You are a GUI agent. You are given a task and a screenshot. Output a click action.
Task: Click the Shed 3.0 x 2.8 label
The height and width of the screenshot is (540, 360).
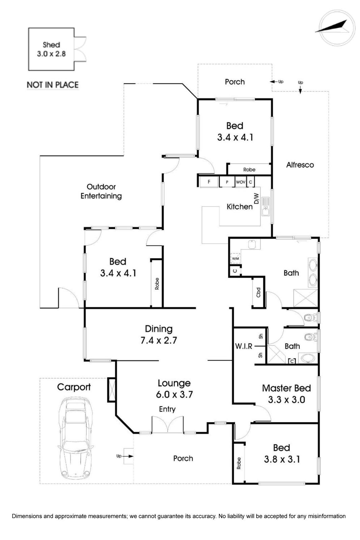click(x=51, y=49)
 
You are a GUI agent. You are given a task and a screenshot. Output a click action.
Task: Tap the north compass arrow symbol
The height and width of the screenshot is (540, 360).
click(x=332, y=27)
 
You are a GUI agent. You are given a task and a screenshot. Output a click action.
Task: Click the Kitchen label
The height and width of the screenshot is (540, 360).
click(x=240, y=207)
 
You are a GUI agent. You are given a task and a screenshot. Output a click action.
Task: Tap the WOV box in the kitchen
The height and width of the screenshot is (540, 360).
click(x=240, y=182)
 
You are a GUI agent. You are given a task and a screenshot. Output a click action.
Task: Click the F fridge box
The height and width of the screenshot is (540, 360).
click(x=209, y=182)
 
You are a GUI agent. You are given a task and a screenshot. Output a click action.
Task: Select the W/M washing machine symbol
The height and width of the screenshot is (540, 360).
click(x=235, y=259)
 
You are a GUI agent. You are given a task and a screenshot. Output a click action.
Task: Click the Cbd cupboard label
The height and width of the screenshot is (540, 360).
click(x=258, y=292)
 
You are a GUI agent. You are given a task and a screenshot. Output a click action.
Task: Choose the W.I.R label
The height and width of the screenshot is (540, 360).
click(x=244, y=346)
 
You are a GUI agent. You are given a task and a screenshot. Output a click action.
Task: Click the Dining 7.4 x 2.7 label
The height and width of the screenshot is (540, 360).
click(x=159, y=334)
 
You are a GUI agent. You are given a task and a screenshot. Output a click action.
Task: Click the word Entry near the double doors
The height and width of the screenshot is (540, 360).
click(x=167, y=409)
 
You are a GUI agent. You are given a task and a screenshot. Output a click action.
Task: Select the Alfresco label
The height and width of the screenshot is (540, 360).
click(x=300, y=165)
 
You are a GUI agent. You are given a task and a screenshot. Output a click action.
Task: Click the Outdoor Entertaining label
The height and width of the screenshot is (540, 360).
click(x=101, y=191)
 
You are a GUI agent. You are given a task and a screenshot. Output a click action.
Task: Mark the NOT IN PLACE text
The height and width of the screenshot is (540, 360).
click(x=53, y=85)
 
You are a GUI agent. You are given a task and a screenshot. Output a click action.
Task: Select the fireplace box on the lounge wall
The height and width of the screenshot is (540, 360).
click(x=111, y=390)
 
